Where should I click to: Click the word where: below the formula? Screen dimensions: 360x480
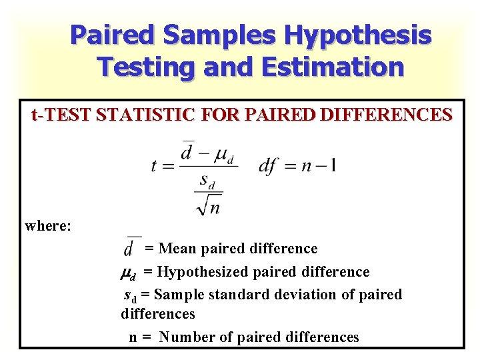click(48, 225)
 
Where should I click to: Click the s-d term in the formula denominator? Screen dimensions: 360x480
click(209, 181)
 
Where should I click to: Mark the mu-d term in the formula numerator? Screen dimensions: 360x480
click(222, 155)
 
